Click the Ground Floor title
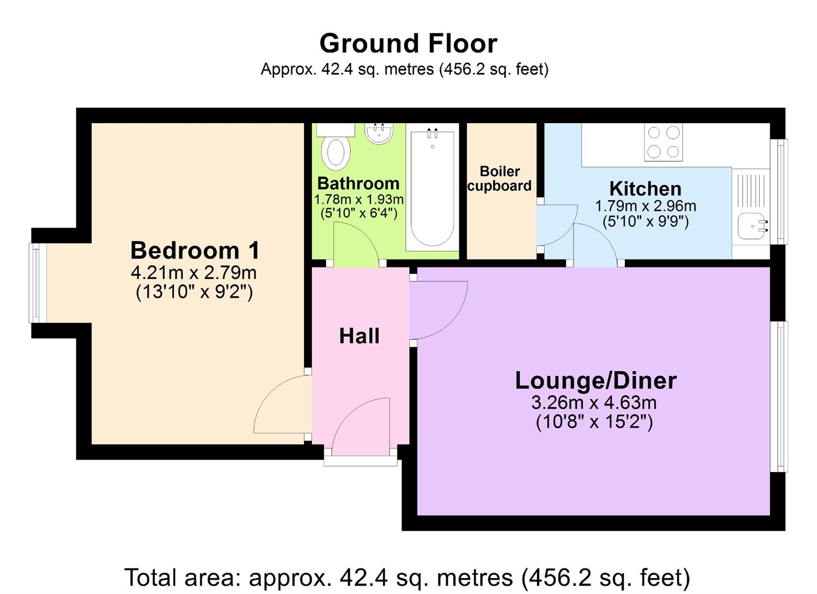[408, 44]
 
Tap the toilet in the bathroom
[336, 151]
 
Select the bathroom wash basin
[379, 133]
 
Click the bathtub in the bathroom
[432, 187]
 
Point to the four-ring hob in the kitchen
[663, 142]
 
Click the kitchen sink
[750, 226]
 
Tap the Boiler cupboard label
[499, 179]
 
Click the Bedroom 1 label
[195, 250]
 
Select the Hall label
[359, 336]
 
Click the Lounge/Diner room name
[595, 380]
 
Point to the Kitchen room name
[645, 188]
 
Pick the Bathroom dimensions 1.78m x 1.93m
[358, 199]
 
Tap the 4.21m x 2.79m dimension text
[193, 272]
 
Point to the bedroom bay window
[34, 283]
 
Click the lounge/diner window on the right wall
[782, 396]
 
